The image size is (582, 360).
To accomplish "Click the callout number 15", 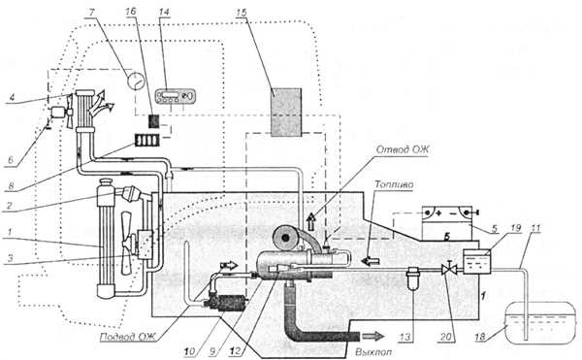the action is tap(241, 13).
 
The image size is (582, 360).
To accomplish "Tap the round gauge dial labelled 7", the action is tap(136, 81).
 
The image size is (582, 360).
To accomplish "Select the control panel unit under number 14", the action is tap(175, 96).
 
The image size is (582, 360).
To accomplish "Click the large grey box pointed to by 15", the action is tap(286, 113).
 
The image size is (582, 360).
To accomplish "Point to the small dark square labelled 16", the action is tap(154, 121).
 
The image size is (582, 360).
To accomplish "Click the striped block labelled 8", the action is tap(147, 141).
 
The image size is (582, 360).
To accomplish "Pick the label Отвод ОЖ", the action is tap(403, 149).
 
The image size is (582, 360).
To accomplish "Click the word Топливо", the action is tap(394, 184).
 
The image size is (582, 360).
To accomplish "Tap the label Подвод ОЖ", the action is tap(129, 337).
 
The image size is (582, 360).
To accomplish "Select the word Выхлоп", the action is tap(373, 351).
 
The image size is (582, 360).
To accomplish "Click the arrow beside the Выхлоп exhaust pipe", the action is tap(373, 337).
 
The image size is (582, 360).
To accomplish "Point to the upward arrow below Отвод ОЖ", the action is tap(311, 219).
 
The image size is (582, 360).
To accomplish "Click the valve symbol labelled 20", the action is tap(448, 269).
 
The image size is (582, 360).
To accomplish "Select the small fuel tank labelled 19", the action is tap(477, 262).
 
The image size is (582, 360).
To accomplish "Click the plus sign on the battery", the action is tap(438, 213).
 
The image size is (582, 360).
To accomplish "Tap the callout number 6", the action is tap(11, 160).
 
